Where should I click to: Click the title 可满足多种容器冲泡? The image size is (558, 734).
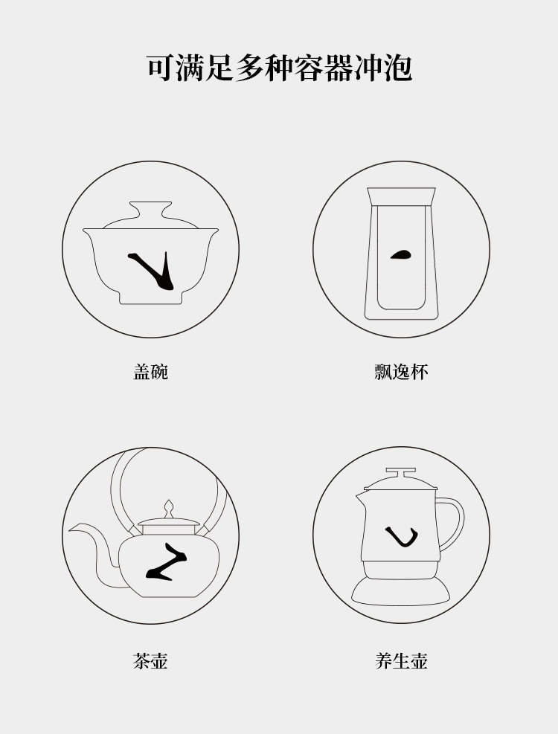[x=279, y=68]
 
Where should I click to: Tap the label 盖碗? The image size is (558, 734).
[x=151, y=372]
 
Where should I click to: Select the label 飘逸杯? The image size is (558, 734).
[x=401, y=372]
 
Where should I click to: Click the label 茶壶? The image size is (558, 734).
[x=151, y=660]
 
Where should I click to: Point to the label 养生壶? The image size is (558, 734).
[x=401, y=660]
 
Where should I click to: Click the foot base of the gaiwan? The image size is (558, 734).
[x=150, y=297]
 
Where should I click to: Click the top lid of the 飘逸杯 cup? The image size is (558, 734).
[x=401, y=196]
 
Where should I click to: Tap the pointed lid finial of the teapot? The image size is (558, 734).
[x=169, y=509]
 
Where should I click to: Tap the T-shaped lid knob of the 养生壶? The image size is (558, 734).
[x=401, y=473]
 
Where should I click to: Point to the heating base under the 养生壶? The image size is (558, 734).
[x=401, y=591]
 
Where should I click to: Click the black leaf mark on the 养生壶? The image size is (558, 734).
[x=402, y=536]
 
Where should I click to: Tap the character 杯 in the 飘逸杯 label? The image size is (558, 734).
[x=419, y=372]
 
